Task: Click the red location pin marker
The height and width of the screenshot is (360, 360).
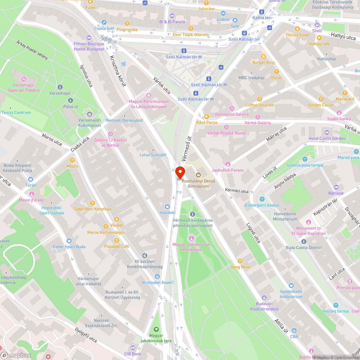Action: coord(180,172)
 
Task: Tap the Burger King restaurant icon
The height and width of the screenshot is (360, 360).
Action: coord(263,56)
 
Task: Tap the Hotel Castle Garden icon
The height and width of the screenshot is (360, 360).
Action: coord(327,132)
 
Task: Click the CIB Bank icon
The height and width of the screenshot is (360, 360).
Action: coord(133,348)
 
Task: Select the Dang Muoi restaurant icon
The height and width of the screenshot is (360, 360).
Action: coord(240,261)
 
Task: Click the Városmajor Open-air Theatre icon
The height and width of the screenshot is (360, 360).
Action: coord(24,79)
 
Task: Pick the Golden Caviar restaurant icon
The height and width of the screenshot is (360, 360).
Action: coord(320,99)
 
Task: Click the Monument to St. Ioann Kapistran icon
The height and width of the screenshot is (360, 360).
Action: coord(308,222)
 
